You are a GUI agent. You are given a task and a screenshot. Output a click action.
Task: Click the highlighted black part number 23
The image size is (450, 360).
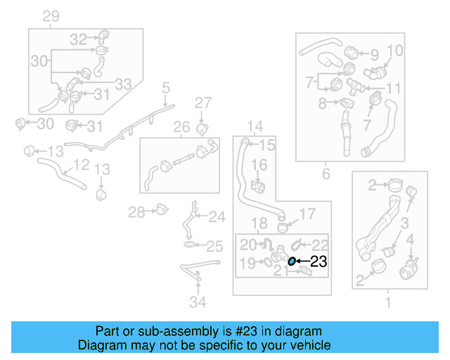click(x=319, y=262)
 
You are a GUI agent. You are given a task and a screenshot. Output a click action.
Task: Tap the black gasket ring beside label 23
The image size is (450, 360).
click(x=292, y=262)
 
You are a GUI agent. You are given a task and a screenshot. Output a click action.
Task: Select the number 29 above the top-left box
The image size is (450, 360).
click(x=51, y=17)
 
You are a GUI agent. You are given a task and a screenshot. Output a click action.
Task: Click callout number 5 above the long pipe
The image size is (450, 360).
click(x=166, y=89)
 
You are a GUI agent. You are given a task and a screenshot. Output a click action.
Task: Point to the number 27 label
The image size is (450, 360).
click(x=202, y=103)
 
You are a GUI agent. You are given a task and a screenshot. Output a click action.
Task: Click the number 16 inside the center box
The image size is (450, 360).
click(x=259, y=165)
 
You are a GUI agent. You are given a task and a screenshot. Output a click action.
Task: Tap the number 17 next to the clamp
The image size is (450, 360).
click(x=308, y=214)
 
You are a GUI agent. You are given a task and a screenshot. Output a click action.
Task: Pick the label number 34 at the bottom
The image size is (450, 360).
click(x=199, y=303)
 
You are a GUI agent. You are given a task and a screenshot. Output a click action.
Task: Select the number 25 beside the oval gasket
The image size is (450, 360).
click(x=214, y=246)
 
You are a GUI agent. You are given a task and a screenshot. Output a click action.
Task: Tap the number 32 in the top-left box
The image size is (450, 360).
click(x=78, y=39)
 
